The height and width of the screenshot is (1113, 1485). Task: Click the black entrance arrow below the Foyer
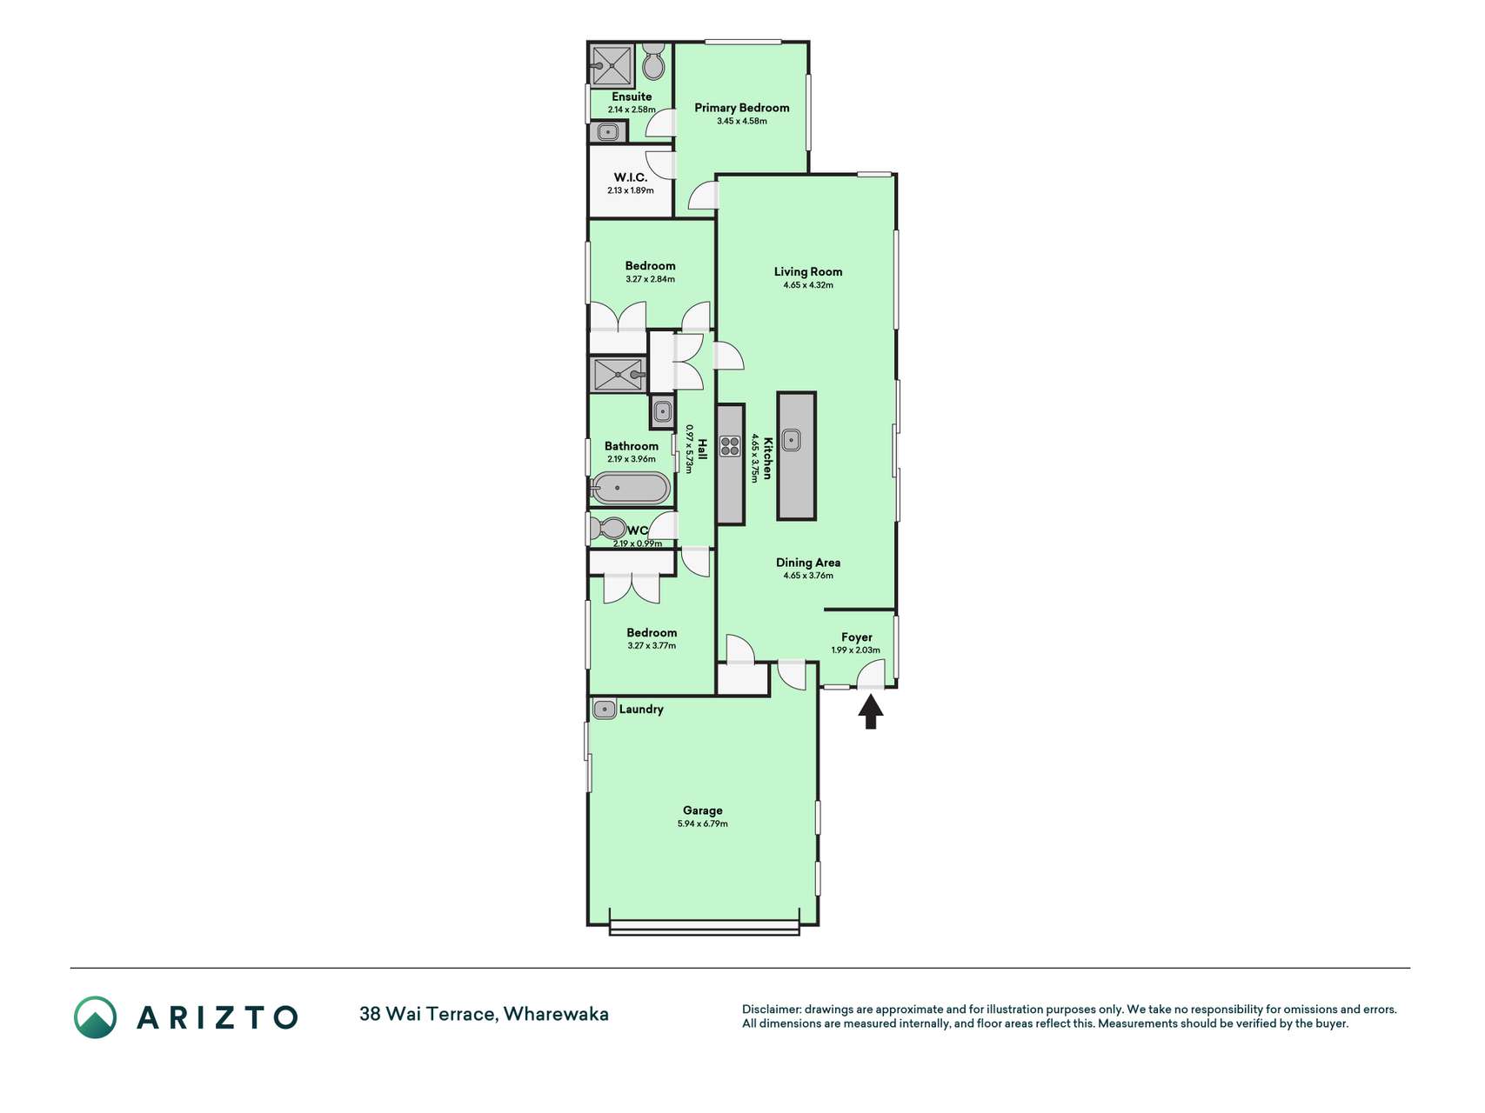pos(871,713)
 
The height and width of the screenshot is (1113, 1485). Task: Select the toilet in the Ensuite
pos(653,63)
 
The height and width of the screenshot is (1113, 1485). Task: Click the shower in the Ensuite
pos(612,65)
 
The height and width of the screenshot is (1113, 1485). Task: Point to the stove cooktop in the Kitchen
pos(730,446)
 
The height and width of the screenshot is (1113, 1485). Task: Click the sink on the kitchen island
pos(791,440)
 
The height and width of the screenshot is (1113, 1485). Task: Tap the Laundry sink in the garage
pos(604,709)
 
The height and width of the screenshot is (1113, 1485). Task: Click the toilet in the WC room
pos(608,528)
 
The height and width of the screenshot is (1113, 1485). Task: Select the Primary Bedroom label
pos(742,108)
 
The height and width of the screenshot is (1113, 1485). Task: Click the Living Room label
pos(808,271)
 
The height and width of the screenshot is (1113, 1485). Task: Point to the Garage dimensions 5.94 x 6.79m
pos(703,823)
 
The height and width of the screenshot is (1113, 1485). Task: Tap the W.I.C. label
pos(631,177)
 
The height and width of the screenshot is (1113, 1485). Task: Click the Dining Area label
pos(808,563)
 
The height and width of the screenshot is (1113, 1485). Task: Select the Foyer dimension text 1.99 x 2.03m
pos(856,650)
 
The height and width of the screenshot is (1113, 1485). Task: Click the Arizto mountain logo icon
pos(95,1017)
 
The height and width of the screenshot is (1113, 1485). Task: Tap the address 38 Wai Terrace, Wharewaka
pos(484,1014)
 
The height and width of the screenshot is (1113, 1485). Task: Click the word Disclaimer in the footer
pos(771,1010)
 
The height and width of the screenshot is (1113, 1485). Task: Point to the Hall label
pos(703,449)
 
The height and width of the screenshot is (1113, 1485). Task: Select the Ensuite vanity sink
pos(609,133)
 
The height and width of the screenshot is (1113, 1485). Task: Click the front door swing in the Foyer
pos(871,674)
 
